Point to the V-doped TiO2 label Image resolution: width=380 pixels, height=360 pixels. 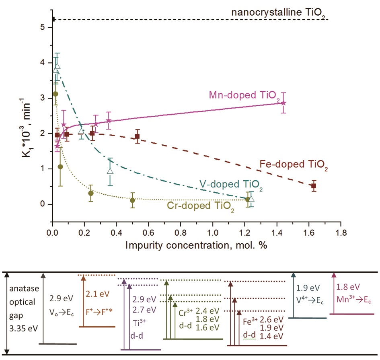click(x=231, y=186)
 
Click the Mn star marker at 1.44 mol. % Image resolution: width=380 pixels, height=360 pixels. click(x=283, y=103)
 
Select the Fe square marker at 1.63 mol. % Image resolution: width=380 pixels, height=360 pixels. click(x=314, y=186)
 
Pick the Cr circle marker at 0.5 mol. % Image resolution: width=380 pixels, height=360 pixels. click(x=132, y=200)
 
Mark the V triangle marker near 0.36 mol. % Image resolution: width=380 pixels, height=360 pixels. click(x=111, y=171)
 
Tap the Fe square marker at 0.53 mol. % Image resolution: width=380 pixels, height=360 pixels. click(x=137, y=136)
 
